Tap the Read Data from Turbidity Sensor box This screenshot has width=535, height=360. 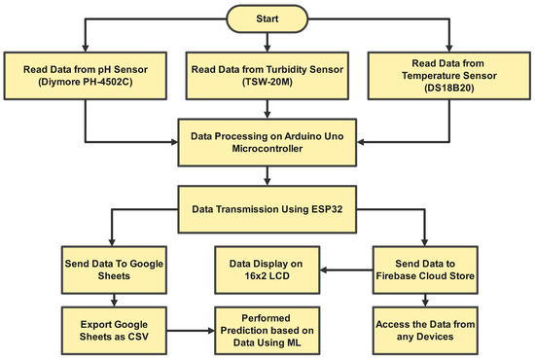click(267, 75)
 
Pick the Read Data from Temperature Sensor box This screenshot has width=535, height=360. click(448, 75)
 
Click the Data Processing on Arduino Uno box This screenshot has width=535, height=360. click(267, 136)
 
